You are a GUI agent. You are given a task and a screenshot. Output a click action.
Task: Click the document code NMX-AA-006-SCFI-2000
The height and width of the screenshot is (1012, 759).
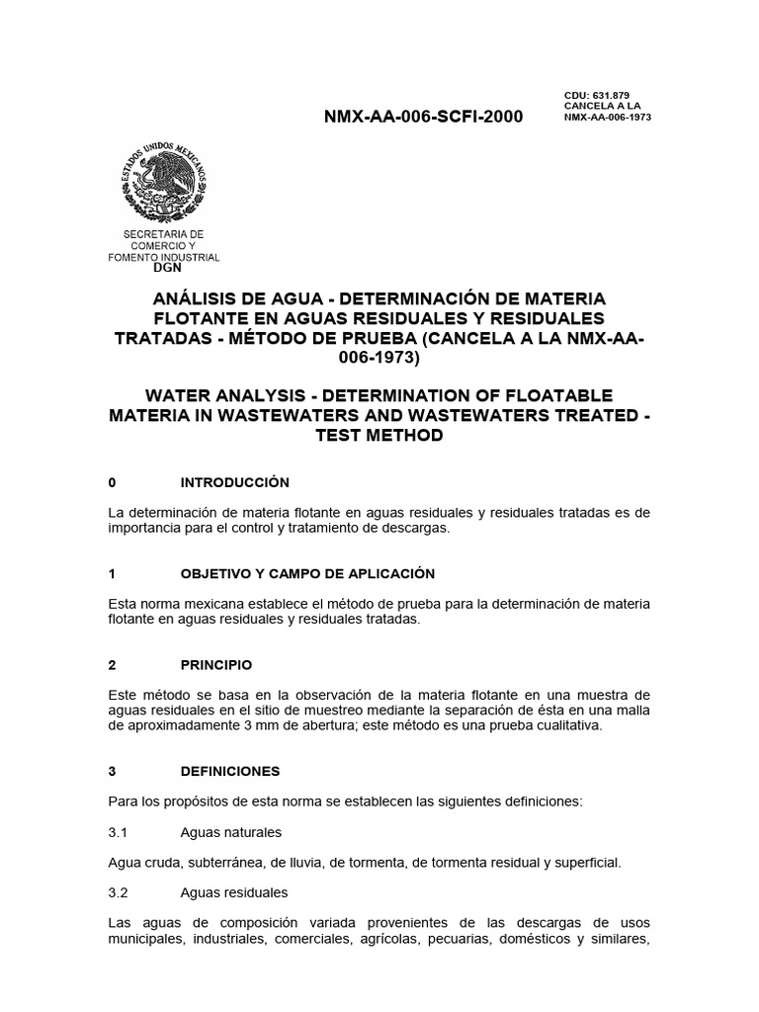click(424, 117)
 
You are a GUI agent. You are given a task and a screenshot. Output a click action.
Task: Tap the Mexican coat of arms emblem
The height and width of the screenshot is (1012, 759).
click(164, 182)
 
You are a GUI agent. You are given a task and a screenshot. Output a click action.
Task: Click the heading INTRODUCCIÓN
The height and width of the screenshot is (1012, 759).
click(234, 482)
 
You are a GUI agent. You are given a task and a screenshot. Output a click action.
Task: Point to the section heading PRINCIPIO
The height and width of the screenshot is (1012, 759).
click(215, 664)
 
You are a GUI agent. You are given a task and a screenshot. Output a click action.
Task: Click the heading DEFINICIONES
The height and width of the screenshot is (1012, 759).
click(230, 771)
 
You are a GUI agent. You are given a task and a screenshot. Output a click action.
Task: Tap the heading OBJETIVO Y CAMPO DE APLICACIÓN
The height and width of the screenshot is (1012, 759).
click(307, 573)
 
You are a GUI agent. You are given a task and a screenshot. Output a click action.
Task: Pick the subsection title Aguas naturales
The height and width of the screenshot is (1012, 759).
click(230, 832)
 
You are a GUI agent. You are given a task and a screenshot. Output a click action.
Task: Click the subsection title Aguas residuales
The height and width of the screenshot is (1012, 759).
click(233, 892)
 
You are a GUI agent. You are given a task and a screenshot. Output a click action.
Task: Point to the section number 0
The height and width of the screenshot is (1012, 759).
click(113, 482)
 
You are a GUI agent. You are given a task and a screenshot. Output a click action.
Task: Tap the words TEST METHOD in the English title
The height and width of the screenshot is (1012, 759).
click(379, 436)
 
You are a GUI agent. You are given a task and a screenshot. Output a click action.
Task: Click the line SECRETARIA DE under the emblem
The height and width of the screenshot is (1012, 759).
click(163, 234)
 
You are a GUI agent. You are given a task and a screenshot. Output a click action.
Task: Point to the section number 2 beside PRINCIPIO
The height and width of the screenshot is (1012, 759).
click(113, 664)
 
